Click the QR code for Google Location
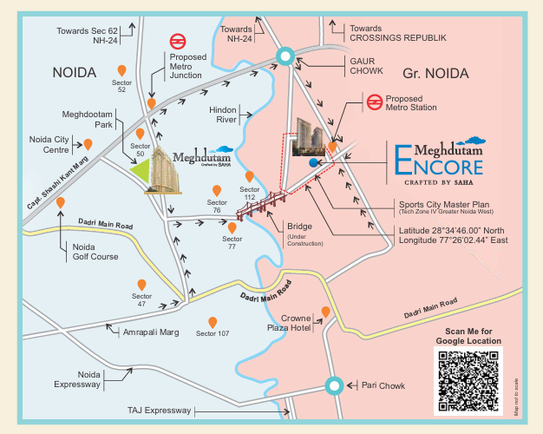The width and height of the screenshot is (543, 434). (468, 380)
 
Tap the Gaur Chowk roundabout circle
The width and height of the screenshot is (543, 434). (284, 57)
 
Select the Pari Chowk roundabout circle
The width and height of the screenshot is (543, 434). (334, 385)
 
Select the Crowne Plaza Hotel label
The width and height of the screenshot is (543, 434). (290, 324)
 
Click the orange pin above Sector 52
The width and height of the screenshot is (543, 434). (121, 69)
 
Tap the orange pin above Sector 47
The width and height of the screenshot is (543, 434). (141, 285)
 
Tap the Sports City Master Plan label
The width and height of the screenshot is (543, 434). (448, 205)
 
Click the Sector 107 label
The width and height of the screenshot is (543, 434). (213, 333)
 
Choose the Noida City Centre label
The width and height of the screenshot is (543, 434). (49, 144)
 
